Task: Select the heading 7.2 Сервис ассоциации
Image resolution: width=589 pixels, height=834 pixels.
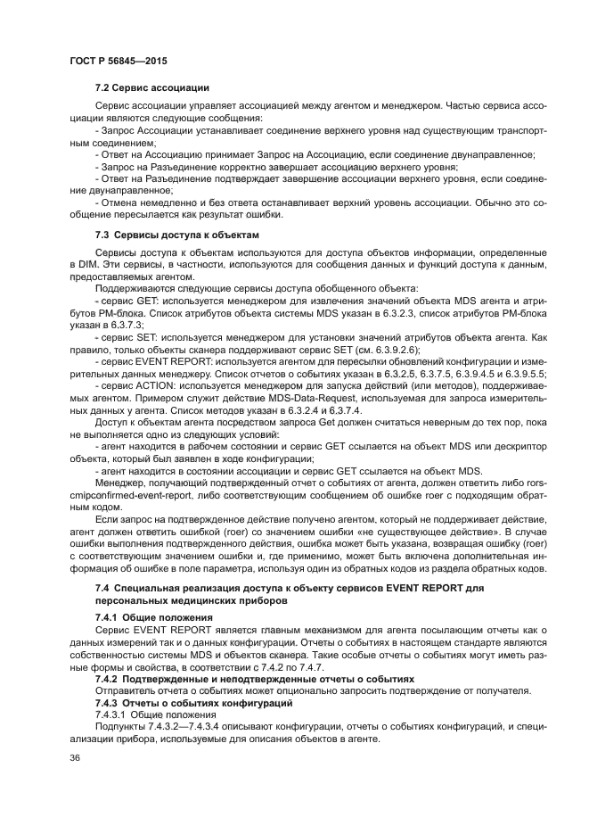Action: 151,87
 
